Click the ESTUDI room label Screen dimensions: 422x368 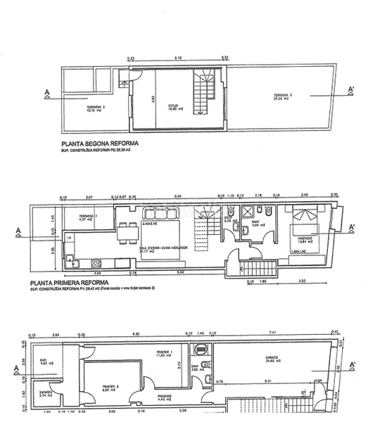[x=172, y=107]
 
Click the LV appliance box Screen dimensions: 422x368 [x=70, y=239]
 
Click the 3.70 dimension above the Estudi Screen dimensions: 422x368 [x=178, y=58]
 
